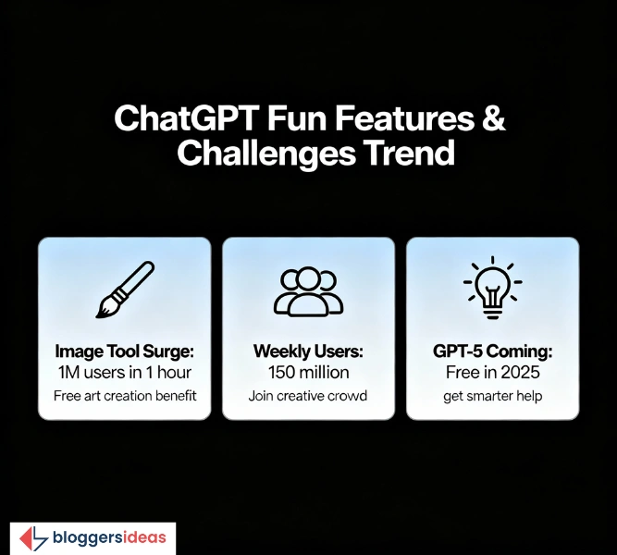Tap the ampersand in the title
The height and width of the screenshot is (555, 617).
pyautogui.click(x=493, y=120)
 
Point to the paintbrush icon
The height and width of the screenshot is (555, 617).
pyautogui.click(x=124, y=288)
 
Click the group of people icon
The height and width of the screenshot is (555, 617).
pyautogui.click(x=308, y=290)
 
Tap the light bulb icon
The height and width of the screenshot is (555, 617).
pyautogui.click(x=492, y=288)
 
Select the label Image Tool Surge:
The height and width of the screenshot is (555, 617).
pyautogui.click(x=124, y=351)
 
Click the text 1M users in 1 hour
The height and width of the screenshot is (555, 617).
pyautogui.click(x=124, y=373)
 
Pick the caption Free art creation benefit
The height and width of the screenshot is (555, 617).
pyautogui.click(x=124, y=396)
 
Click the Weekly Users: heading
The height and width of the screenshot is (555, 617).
pyautogui.click(x=308, y=351)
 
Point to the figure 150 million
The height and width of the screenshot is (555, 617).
pyautogui.click(x=308, y=373)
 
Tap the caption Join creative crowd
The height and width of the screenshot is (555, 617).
pyautogui.click(x=308, y=396)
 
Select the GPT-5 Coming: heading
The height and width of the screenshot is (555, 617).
pyautogui.click(x=492, y=351)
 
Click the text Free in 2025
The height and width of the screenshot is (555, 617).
pyautogui.click(x=492, y=373)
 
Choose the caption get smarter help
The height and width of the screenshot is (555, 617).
pyautogui.click(x=492, y=396)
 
